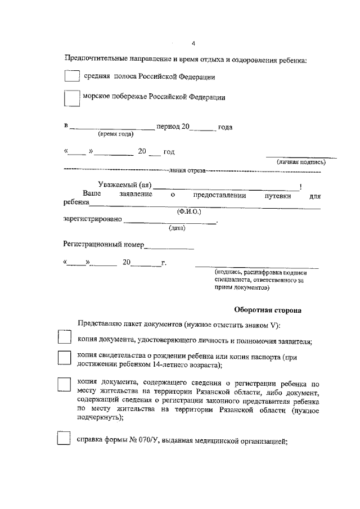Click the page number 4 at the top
(x=192, y=44)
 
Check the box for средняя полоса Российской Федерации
(x=71, y=75)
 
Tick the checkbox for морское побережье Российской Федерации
(x=71, y=98)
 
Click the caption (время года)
(x=115, y=134)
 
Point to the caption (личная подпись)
(x=301, y=162)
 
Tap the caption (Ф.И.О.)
(x=189, y=211)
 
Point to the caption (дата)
(x=178, y=228)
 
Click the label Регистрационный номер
(x=103, y=245)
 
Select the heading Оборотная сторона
(x=267, y=310)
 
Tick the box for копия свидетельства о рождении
(x=65, y=359)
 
